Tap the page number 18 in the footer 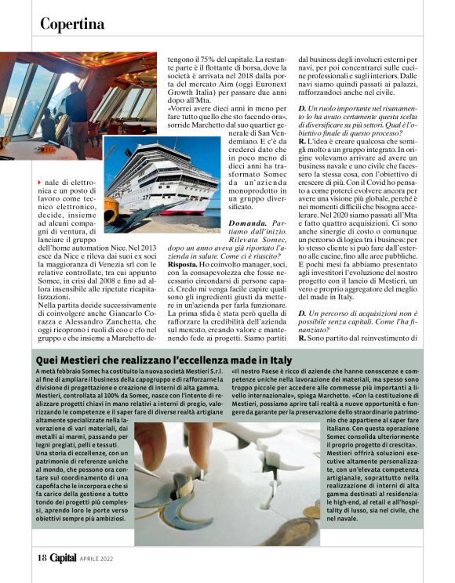pos(42,557)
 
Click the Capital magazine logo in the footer pos(64,557)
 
